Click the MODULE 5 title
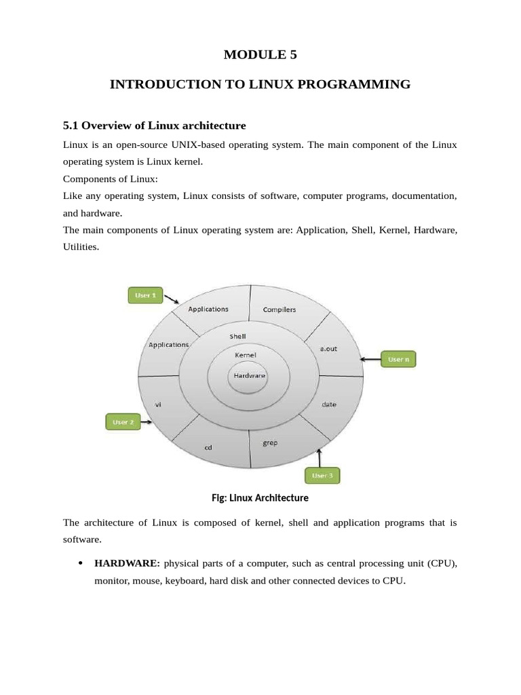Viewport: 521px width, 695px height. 260,56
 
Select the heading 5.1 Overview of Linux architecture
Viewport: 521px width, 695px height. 154,126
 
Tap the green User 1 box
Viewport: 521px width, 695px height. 146,295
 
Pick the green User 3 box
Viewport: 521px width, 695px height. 322,476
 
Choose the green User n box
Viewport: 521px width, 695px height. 398,359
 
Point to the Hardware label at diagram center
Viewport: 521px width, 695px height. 249,375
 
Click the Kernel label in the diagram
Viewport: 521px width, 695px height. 245,355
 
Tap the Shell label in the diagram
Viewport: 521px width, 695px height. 237,336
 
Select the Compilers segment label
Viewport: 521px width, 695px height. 279,310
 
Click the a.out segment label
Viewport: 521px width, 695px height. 328,348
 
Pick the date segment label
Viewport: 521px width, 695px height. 328,405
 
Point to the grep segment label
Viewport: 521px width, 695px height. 269,443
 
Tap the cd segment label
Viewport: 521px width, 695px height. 208,448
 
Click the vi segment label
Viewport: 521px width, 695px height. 158,405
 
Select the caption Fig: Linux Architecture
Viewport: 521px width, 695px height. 260,497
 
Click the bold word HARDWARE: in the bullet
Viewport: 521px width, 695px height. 127,563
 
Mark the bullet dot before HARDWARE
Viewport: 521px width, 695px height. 81,563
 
